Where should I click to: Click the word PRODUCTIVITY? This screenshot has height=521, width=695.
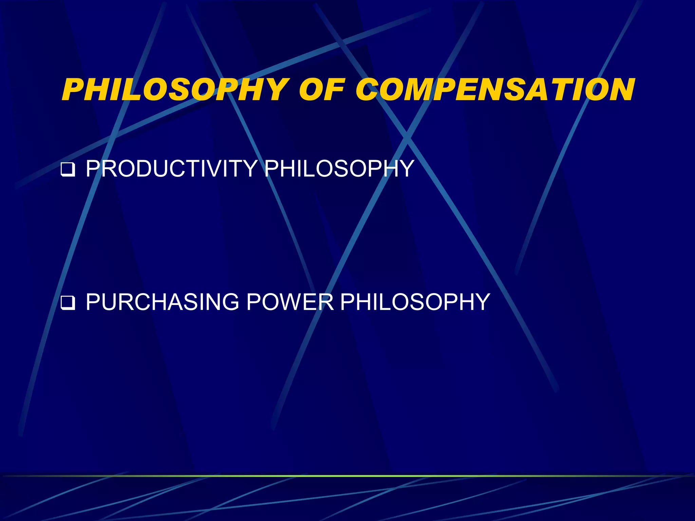[171, 168]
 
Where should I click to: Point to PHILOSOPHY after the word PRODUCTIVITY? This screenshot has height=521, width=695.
[339, 168]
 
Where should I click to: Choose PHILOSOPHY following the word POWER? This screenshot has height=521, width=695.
[415, 302]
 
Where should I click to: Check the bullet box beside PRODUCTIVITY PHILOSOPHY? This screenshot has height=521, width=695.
[68, 170]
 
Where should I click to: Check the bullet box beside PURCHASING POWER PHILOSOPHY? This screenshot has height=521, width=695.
[68, 303]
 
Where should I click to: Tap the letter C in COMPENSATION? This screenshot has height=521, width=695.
[370, 90]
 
